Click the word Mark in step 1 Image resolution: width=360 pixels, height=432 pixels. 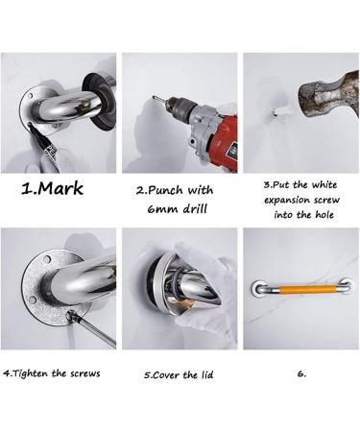coord(60,188)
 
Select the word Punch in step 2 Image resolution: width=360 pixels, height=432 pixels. coord(165,188)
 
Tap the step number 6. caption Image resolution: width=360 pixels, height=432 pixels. coord(301,372)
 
